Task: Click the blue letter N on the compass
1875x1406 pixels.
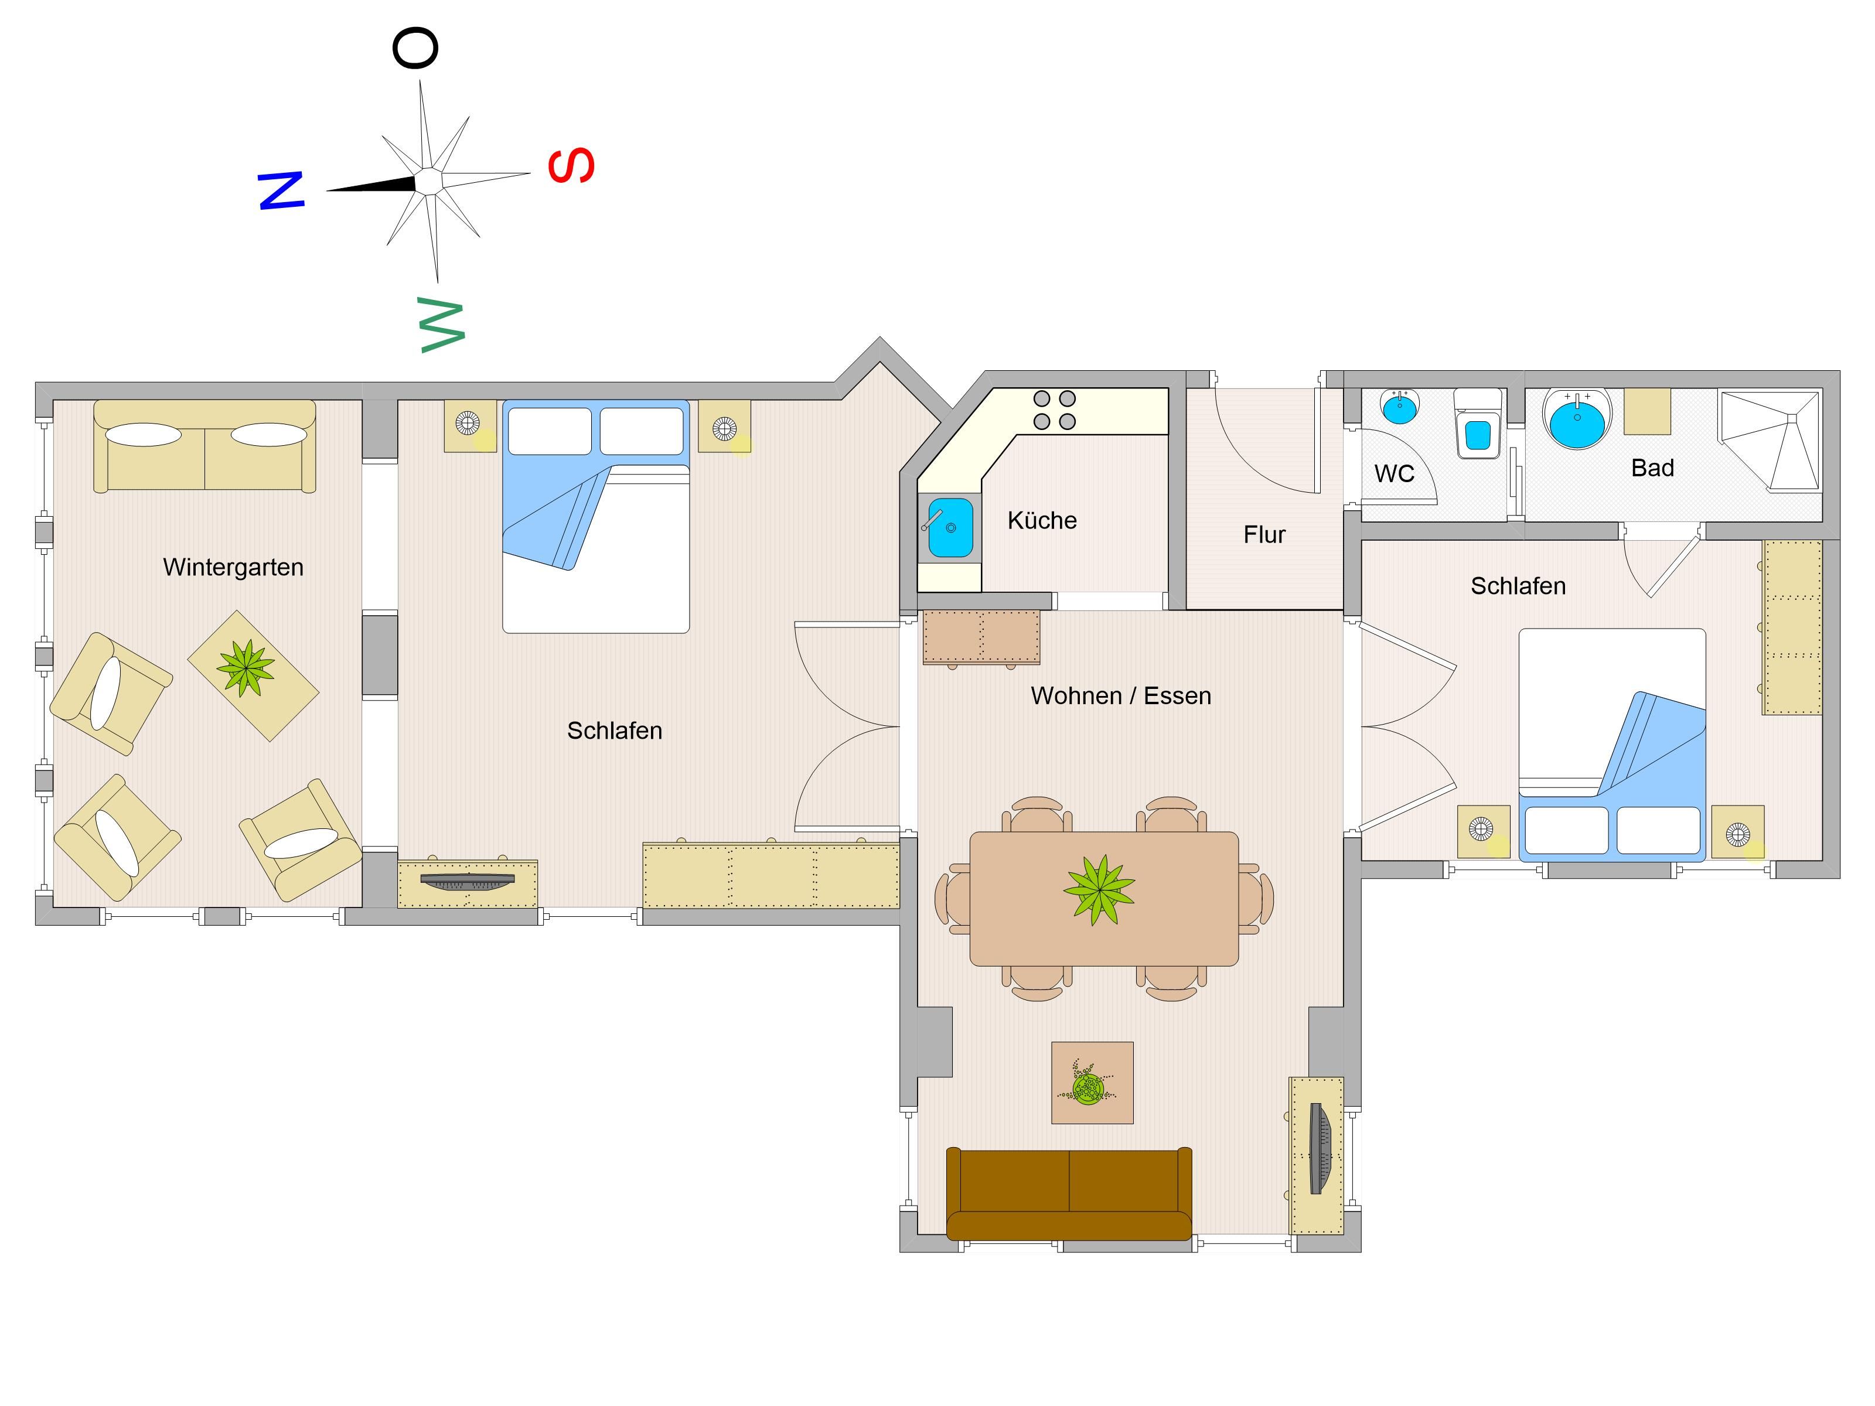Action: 281,190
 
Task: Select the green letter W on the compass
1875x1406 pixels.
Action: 442,326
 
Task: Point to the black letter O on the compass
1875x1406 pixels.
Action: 415,47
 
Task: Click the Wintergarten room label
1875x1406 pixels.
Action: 233,567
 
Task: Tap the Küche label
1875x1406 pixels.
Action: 1042,520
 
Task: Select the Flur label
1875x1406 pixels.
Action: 1264,535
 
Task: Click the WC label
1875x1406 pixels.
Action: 1395,474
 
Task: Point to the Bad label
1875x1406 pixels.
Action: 1652,468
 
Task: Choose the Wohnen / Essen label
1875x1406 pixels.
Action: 1120,696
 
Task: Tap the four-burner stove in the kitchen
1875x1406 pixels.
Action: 1055,410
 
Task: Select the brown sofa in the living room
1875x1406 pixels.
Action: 1069,1194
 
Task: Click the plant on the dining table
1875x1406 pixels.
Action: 1099,889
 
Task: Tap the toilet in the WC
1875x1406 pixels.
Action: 1478,424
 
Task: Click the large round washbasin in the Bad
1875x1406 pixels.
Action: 1577,419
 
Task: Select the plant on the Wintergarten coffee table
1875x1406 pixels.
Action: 246,668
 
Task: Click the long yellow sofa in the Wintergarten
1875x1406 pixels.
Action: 204,446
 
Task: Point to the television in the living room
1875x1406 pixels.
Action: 1320,1148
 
